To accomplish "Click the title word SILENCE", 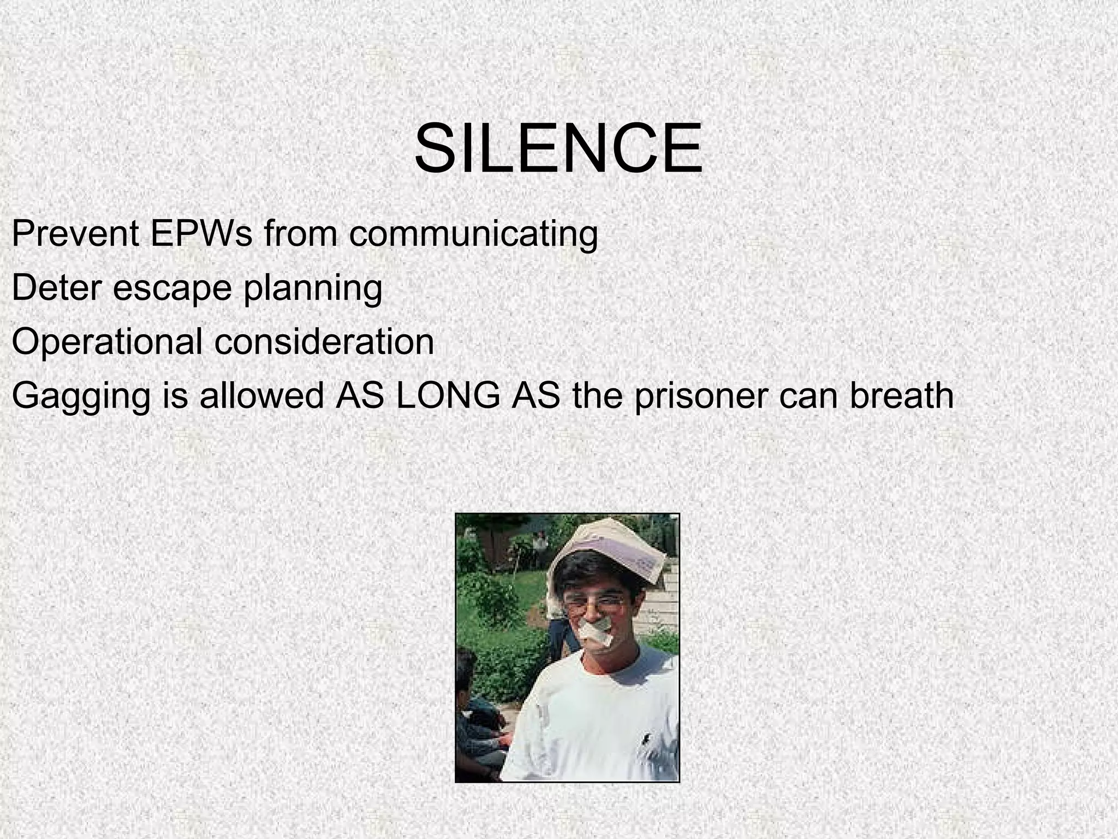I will click(558, 149).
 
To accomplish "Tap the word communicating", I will click(473, 235).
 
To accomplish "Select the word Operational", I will click(107, 342).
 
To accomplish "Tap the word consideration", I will click(324, 342).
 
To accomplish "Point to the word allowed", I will click(262, 395).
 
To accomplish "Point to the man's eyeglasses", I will click(595, 602).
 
